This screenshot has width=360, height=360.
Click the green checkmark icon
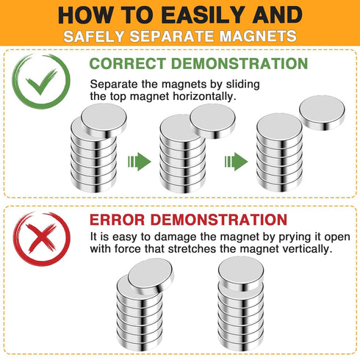tap(41, 82)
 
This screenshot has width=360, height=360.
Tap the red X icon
tap(42, 238)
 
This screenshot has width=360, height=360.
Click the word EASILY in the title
tap(204, 15)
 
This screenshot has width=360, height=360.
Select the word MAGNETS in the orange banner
tap(258, 36)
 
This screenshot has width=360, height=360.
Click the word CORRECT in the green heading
tap(128, 63)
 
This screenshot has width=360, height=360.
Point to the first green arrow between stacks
tap(140, 162)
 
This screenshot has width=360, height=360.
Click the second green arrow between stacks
tap(236, 162)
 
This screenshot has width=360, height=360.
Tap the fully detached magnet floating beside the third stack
tap(322, 112)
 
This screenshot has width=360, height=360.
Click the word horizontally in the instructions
tap(204, 96)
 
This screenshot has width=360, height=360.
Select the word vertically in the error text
tap(307, 249)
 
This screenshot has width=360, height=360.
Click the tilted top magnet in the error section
tap(151, 276)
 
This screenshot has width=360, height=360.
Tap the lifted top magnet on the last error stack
tap(241, 273)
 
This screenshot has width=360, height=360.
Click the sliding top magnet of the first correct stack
tap(104, 120)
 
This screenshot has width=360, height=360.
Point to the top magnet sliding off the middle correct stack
tap(212, 121)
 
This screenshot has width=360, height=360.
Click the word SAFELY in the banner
tap(94, 36)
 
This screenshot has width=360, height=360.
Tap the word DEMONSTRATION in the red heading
tap(218, 220)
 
